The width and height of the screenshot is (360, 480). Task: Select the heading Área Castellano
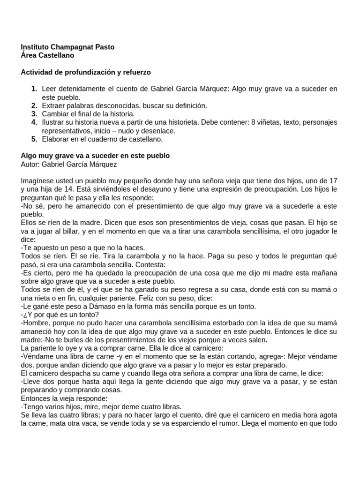pyautogui.click(x=47, y=55)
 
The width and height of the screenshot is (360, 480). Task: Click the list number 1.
pyautogui.click(x=34, y=89)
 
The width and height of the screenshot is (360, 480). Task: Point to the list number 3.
pyautogui.click(x=34, y=114)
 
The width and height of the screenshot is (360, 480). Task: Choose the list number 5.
pyautogui.click(x=34, y=139)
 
